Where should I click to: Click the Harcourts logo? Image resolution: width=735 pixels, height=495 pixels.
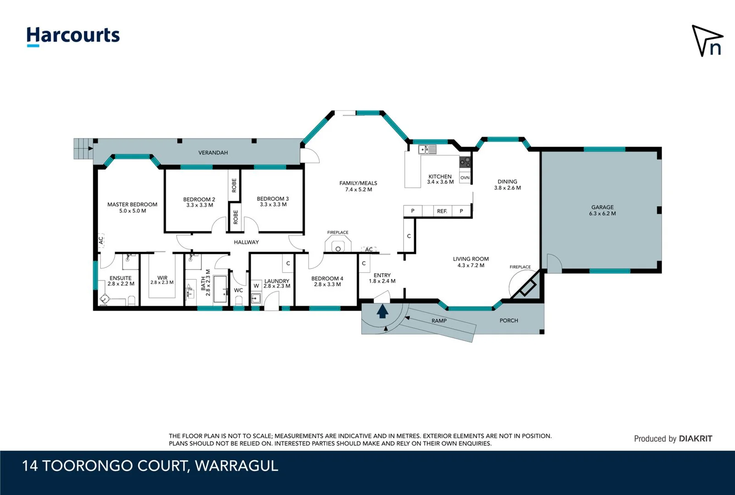point(73,36)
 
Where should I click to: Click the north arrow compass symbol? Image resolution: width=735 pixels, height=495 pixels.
point(707,41)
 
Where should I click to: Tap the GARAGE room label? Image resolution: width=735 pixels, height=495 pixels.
point(602,207)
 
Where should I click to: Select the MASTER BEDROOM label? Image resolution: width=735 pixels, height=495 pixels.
point(132,204)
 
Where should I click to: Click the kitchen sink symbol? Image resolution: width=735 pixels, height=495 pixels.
point(427,149)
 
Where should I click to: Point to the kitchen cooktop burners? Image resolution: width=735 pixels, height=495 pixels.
point(465,162)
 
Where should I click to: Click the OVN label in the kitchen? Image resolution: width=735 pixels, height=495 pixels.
point(465,178)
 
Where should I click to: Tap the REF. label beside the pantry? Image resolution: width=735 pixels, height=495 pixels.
point(442,211)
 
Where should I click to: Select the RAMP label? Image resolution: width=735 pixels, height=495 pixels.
point(439,321)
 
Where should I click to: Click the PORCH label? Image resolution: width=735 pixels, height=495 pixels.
point(508,320)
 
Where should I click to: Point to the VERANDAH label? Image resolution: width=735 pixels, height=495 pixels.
point(213,153)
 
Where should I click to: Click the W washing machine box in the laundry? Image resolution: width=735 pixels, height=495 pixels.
point(256,286)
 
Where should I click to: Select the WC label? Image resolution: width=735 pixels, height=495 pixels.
point(238,290)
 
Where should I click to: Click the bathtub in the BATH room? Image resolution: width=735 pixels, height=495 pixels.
point(221,289)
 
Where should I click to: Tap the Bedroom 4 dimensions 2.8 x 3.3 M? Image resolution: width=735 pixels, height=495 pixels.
point(327,285)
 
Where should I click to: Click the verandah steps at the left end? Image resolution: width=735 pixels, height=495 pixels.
point(83,148)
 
